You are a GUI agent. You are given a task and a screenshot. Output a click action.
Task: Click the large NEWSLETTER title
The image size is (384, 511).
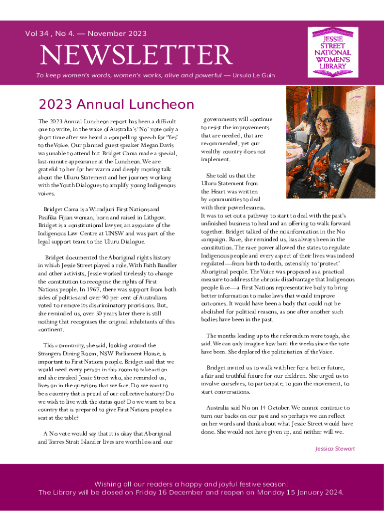pos(136,55)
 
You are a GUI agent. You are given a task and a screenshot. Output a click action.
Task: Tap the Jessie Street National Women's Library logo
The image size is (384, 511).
pos(332,52)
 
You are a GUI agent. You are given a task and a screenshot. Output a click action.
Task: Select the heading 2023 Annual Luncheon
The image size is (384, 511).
pos(116,104)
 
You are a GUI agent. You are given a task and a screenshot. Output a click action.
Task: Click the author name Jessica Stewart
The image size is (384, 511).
pos(335,449)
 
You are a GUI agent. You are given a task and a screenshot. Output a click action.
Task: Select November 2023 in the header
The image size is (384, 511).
pos(117,33)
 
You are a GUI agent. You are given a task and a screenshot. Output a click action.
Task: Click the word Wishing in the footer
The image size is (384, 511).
pos(109,484)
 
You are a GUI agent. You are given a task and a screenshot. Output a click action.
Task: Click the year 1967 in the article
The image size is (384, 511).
pos(94,289)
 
